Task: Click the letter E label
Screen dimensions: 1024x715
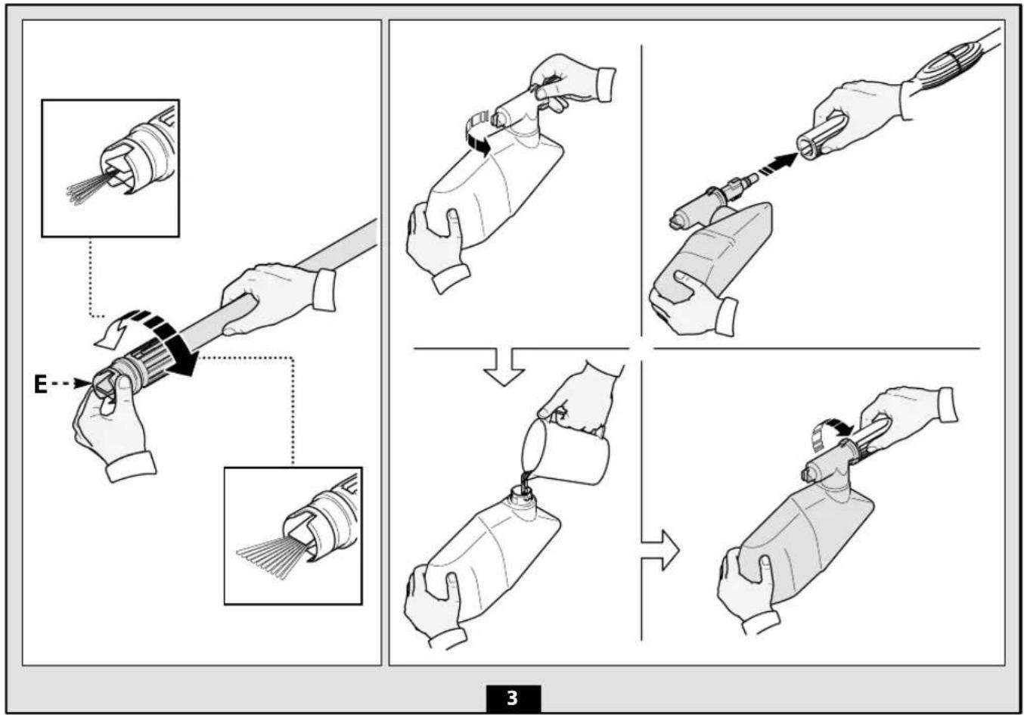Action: coord(40,384)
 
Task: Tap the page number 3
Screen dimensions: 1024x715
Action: coord(513,698)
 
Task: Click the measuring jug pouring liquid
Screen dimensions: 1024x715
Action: coord(565,451)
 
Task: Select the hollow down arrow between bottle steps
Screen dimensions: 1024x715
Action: coord(504,367)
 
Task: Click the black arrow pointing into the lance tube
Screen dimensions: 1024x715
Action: coord(778,164)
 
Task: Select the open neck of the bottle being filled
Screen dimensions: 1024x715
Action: coord(522,493)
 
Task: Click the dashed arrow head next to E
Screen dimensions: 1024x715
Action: coord(83,384)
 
